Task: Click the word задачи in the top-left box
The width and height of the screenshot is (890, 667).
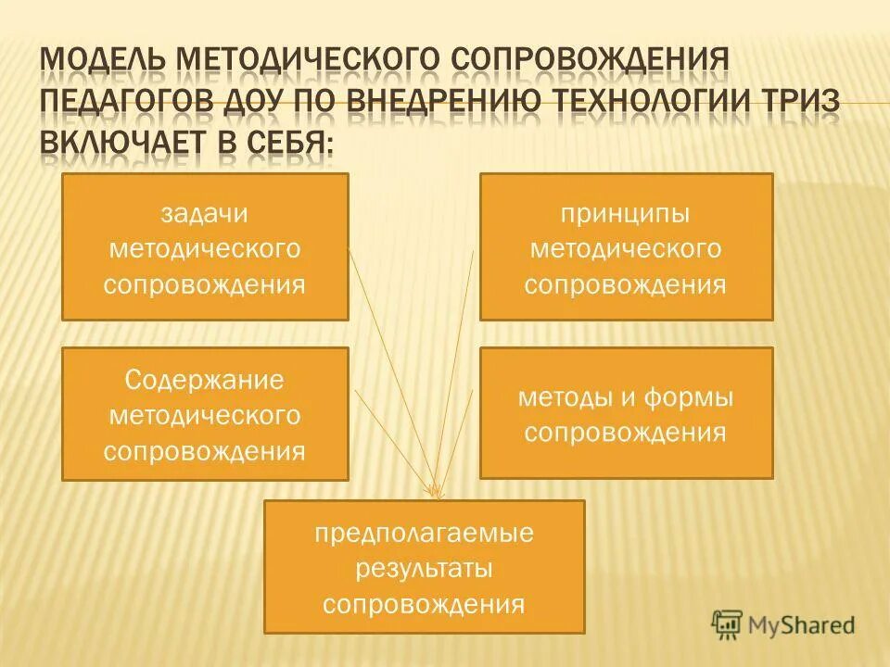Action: (x=204, y=213)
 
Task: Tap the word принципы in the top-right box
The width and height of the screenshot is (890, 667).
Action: (x=625, y=213)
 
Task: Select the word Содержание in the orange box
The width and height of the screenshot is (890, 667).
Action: (x=204, y=381)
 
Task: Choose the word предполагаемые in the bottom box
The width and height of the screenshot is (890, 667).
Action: (x=424, y=534)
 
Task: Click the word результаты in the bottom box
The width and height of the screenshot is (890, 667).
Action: (x=424, y=569)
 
